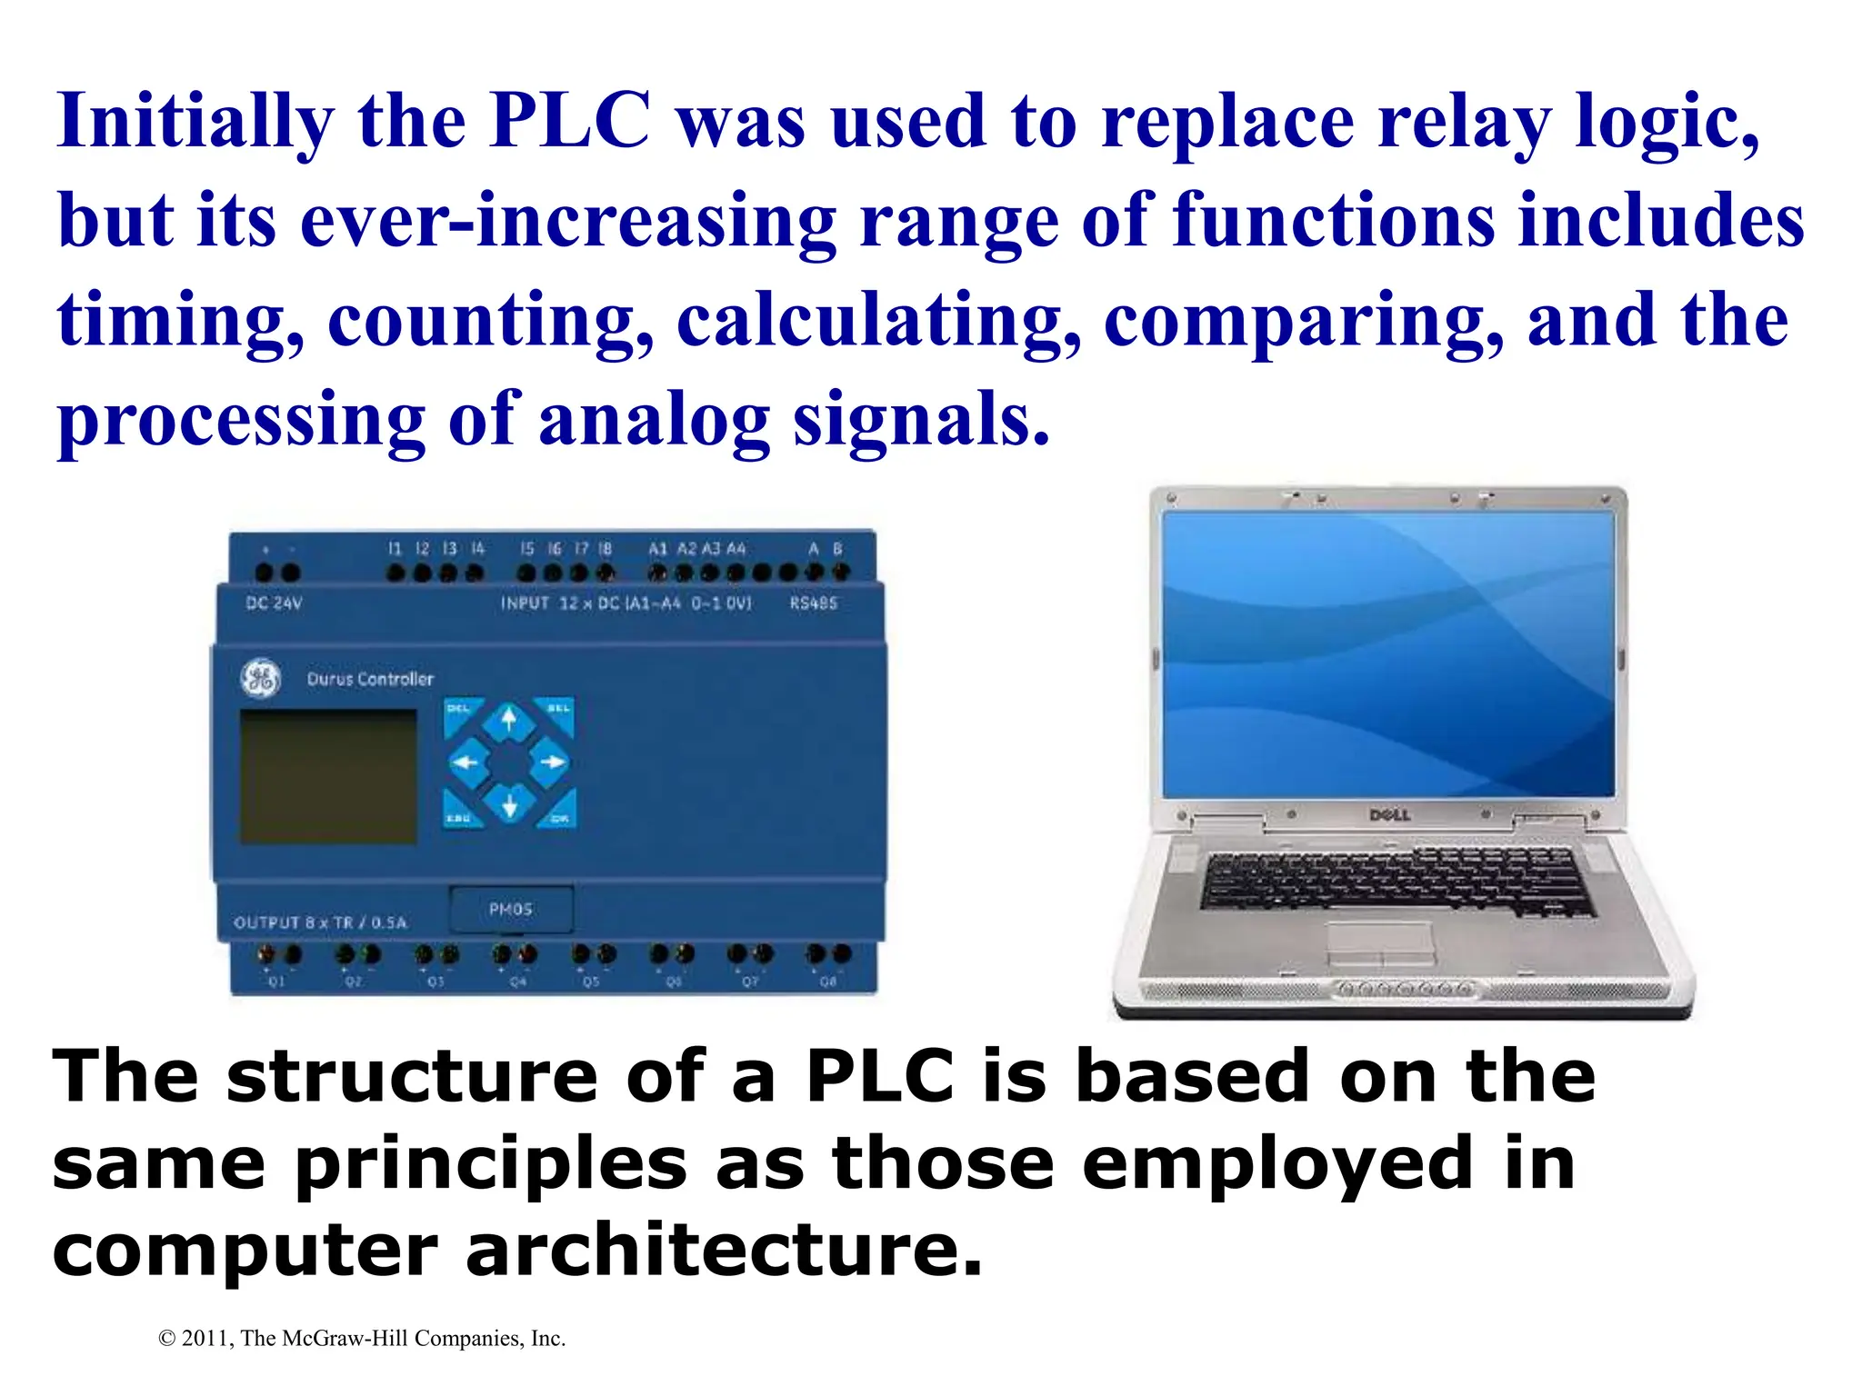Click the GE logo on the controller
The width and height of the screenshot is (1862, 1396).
pyautogui.click(x=260, y=679)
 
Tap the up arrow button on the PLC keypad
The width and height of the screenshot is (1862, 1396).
pyautogui.click(x=509, y=722)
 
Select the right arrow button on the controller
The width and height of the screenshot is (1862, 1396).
pyautogui.click(x=549, y=762)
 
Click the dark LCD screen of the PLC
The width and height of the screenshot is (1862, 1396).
pyautogui.click(x=328, y=777)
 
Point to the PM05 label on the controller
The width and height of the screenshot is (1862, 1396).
pyautogui.click(x=511, y=910)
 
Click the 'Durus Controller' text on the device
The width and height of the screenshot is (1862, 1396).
pyautogui.click(x=370, y=679)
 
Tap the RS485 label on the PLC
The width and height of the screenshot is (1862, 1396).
pyautogui.click(x=813, y=603)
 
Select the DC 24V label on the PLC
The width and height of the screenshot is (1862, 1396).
pyautogui.click(x=274, y=603)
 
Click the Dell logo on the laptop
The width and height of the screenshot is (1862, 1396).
pyautogui.click(x=1389, y=815)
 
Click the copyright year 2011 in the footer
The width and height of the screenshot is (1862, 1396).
pyautogui.click(x=206, y=1339)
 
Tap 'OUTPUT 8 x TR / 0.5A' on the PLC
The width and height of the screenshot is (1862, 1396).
pyautogui.click(x=321, y=922)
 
